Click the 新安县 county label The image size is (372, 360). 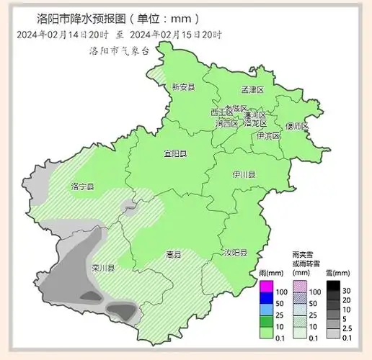pos(184,87)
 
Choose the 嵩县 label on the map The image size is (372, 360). pos(173,253)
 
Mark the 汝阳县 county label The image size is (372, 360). pos(235,253)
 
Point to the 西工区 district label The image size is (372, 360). pos(221,112)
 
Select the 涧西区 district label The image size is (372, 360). pos(226,123)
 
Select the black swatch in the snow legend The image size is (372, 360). pos(332,287)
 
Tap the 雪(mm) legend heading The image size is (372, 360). pos(337,274)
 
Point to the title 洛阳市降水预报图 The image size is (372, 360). pos(79,18)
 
